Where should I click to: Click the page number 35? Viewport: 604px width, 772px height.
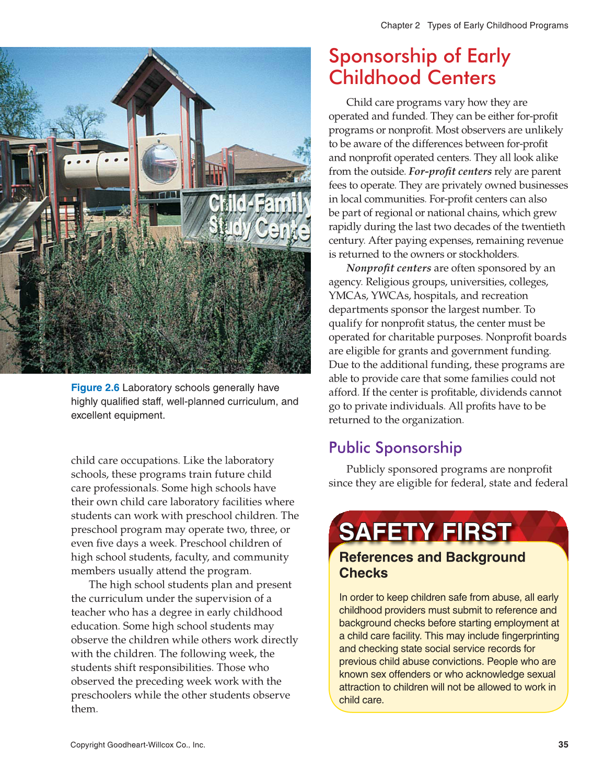563,744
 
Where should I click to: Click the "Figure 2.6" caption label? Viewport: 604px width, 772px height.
95,387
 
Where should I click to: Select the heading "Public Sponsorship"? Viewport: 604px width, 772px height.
395,447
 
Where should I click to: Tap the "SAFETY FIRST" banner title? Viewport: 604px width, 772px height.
425,531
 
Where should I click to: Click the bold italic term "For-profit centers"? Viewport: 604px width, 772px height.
450,171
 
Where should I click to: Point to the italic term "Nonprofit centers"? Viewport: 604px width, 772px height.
388,268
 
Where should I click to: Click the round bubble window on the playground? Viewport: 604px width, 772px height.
160,162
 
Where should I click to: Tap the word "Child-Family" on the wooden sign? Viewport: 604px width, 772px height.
258,203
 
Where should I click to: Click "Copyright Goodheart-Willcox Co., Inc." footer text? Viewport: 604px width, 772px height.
137,745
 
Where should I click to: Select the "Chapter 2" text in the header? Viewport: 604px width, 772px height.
400,25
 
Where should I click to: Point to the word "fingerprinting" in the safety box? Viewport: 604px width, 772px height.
528,636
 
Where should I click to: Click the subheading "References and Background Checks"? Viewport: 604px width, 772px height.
432,565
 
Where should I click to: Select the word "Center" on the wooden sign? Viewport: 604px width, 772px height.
282,228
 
